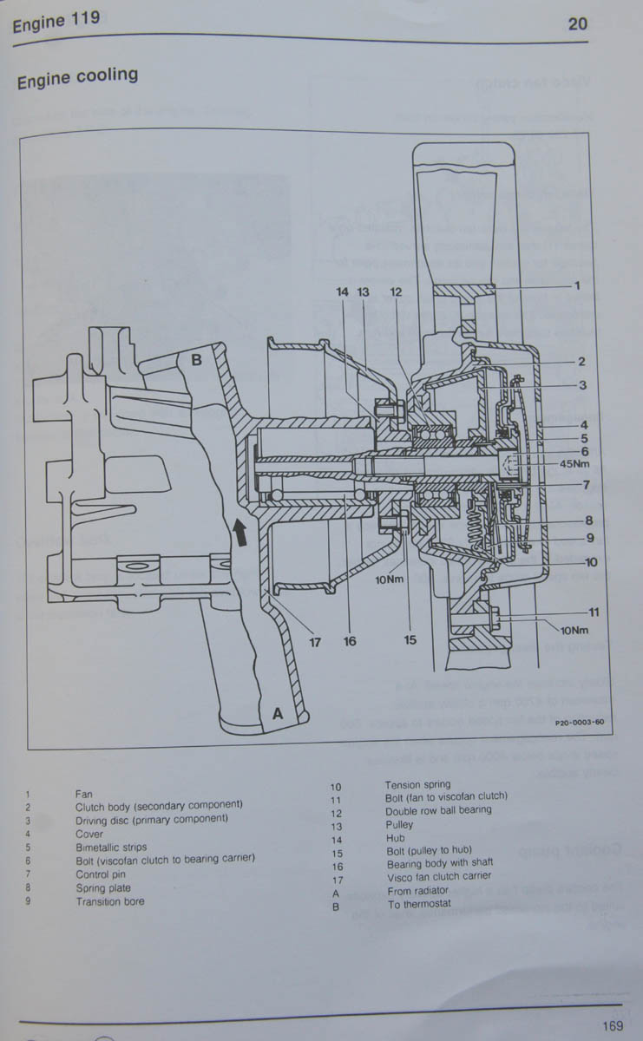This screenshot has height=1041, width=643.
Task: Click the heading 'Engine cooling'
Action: coord(77,78)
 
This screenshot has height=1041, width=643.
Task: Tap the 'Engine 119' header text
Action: coord(56,22)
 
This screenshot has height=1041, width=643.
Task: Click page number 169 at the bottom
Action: coord(611,1026)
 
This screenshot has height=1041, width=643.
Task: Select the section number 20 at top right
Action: coord(578,23)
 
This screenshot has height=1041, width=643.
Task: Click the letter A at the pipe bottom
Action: coord(279,712)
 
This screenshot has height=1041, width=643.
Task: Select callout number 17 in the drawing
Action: coord(316,642)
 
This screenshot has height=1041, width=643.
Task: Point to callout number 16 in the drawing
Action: coord(350,642)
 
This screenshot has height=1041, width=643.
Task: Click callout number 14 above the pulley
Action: coord(343,292)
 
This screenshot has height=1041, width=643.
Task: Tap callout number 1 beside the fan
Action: coord(576,285)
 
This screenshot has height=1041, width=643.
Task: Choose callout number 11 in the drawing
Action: coord(569,612)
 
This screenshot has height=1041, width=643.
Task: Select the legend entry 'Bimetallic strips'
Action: coord(111,848)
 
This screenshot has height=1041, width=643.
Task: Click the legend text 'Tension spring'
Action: coord(417,785)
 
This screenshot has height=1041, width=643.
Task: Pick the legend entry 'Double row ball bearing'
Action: coord(438,809)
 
